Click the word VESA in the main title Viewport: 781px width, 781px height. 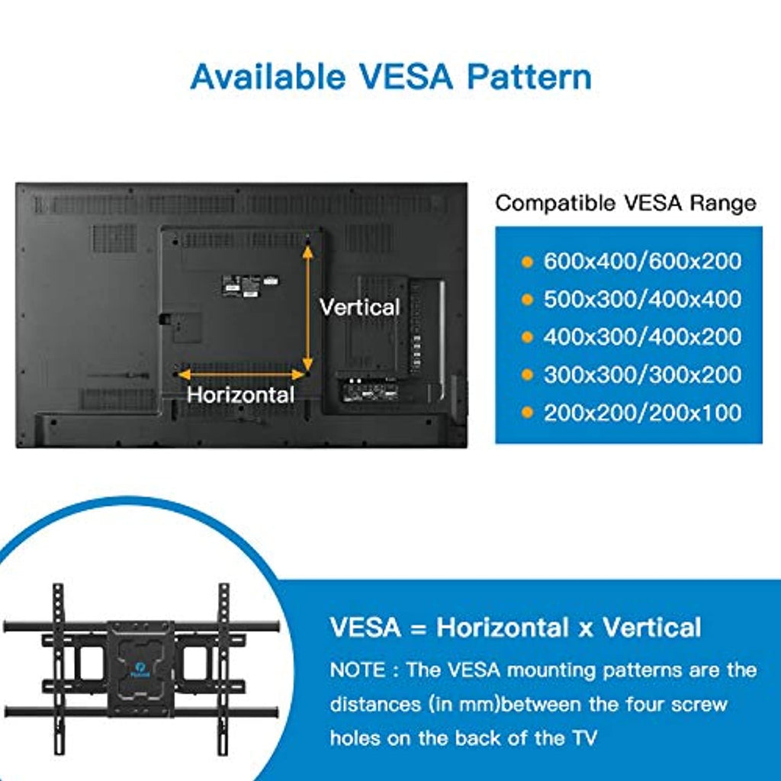(406, 77)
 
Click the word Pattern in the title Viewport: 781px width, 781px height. (529, 77)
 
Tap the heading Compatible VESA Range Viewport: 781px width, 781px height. (625, 203)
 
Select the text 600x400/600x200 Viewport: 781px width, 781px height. (642, 261)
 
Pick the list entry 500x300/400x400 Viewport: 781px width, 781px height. (642, 299)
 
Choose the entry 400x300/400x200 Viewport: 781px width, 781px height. (642, 336)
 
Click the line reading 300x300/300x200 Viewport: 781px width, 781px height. (642, 374)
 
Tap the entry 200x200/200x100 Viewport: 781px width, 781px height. (642, 413)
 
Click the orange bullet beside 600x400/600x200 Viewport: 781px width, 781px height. (526, 262)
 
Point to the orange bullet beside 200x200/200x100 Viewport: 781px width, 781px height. (526, 413)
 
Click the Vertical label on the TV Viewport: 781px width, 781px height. (360, 307)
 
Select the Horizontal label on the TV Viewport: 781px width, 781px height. (240, 395)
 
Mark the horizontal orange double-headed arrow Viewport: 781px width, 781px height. (241, 374)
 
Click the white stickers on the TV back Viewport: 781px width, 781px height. (249, 286)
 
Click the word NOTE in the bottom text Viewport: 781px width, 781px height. (358, 670)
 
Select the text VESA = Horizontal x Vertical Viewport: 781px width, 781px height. (516, 628)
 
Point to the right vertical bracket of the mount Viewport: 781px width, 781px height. (223, 668)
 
